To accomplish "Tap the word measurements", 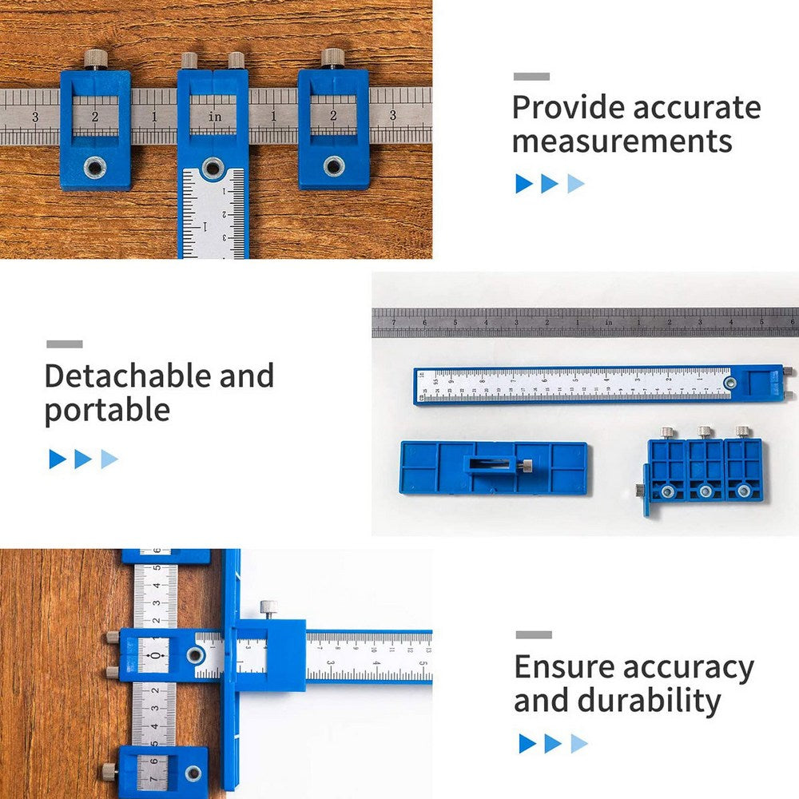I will (622, 141).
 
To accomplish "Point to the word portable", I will (107, 410).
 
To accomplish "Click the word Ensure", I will (564, 667).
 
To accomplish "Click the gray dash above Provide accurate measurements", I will (531, 77).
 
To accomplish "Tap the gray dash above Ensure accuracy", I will (533, 635).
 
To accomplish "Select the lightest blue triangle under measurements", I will (576, 184).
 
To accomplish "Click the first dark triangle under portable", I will (57, 459).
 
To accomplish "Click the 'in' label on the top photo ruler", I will (215, 117).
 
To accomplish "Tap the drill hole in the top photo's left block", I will (95, 166).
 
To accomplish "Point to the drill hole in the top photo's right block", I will (333, 166).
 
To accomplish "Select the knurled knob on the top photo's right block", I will (332, 57).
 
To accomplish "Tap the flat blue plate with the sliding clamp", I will (494, 467).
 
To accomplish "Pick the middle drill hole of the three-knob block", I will (705, 491).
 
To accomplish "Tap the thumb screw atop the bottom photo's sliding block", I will (268, 608).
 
